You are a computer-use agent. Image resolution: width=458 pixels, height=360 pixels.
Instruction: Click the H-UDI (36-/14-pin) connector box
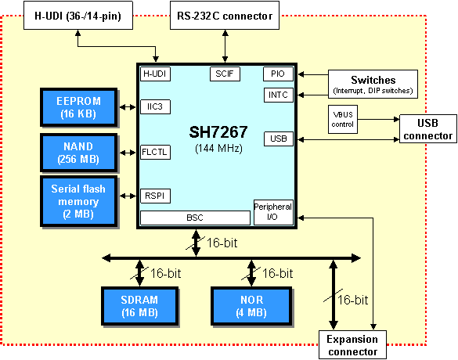tap(78, 16)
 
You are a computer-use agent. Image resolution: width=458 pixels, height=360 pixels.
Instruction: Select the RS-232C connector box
tap(225, 16)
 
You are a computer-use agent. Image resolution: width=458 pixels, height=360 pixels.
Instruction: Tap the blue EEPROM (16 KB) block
tap(79, 107)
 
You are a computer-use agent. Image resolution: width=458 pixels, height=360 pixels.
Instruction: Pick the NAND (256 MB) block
tap(79, 153)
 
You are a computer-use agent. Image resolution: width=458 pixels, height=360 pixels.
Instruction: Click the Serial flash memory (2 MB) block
tap(79, 201)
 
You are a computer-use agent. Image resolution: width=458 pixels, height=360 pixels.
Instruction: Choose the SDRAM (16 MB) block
tap(140, 306)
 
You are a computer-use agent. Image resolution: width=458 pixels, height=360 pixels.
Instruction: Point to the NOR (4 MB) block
tap(251, 306)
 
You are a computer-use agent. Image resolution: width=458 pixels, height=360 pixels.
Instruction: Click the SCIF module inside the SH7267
tap(225, 74)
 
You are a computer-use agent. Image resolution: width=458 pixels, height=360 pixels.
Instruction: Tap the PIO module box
tap(278, 74)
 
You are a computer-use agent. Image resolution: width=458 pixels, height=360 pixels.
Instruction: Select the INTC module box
tap(279, 95)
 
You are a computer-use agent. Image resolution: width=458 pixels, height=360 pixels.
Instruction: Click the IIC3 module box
tap(155, 107)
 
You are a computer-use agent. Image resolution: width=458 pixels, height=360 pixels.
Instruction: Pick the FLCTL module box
tap(155, 152)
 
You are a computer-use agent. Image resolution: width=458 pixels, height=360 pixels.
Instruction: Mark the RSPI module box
tap(155, 196)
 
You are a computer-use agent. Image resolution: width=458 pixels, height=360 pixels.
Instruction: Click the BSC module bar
tap(195, 218)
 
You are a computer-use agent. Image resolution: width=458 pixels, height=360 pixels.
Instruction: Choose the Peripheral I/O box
tap(273, 212)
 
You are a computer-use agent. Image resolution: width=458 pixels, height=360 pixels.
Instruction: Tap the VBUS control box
tap(343, 120)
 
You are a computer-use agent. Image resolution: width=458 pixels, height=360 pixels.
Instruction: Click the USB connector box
tap(428, 129)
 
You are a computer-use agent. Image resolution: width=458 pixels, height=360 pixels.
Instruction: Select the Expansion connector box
tap(352, 345)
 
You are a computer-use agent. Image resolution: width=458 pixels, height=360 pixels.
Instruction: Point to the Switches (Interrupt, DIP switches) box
tap(373, 84)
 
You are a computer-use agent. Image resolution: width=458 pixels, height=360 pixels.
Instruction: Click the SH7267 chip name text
tap(218, 132)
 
